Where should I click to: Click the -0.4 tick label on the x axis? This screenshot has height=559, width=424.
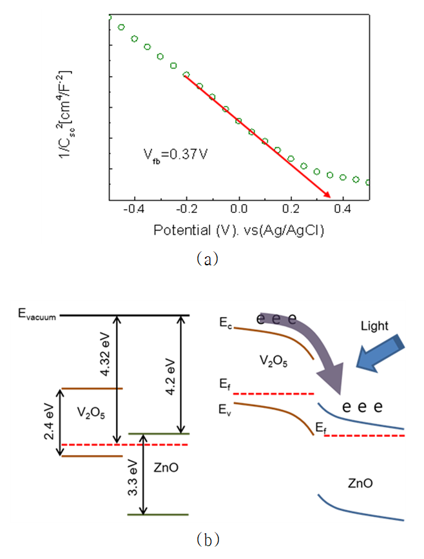[x=134, y=209]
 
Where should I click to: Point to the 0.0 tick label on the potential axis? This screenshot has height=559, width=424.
[x=238, y=209]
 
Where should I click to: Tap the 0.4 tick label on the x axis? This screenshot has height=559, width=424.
[x=342, y=209]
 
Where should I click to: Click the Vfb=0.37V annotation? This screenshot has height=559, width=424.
[x=175, y=156]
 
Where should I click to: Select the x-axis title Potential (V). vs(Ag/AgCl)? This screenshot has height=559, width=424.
[x=238, y=230]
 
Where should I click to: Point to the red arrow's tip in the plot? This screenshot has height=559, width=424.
[x=331, y=197]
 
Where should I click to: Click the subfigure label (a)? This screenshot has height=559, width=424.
[x=207, y=258]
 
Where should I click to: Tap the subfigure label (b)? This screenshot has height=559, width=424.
[x=208, y=540]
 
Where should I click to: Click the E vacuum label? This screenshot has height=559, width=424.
[x=37, y=314]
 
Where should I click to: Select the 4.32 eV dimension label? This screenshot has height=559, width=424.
[x=106, y=354]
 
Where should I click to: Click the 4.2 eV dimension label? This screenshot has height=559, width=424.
[x=171, y=376]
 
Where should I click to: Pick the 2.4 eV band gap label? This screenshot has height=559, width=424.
[x=49, y=422]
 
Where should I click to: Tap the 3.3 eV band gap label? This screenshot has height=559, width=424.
[x=133, y=478]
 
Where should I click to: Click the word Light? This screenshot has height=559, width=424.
[x=374, y=326]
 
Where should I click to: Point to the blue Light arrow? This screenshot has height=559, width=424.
[x=380, y=354]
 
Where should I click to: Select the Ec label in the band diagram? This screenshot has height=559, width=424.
[x=226, y=323]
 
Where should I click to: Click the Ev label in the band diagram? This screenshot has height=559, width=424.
[x=225, y=410]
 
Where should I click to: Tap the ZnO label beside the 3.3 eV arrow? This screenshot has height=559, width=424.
[x=166, y=467]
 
